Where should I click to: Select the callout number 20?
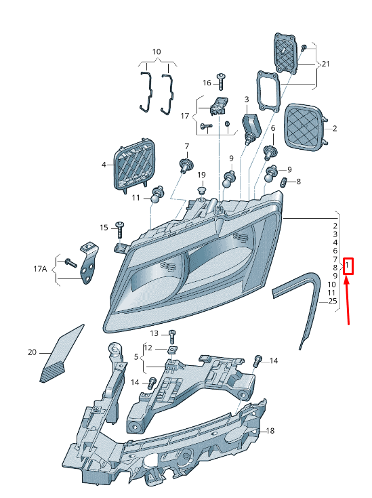[32, 352]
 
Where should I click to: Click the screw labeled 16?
[221, 81]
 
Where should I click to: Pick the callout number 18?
[270, 431]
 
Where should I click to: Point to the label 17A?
[40, 269]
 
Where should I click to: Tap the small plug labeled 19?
[201, 191]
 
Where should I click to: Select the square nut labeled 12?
[173, 350]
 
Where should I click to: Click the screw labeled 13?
[172, 336]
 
